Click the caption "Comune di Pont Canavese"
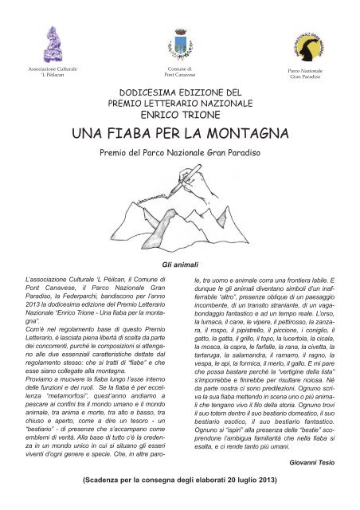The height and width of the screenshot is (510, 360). pyautogui.click(x=179, y=73)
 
